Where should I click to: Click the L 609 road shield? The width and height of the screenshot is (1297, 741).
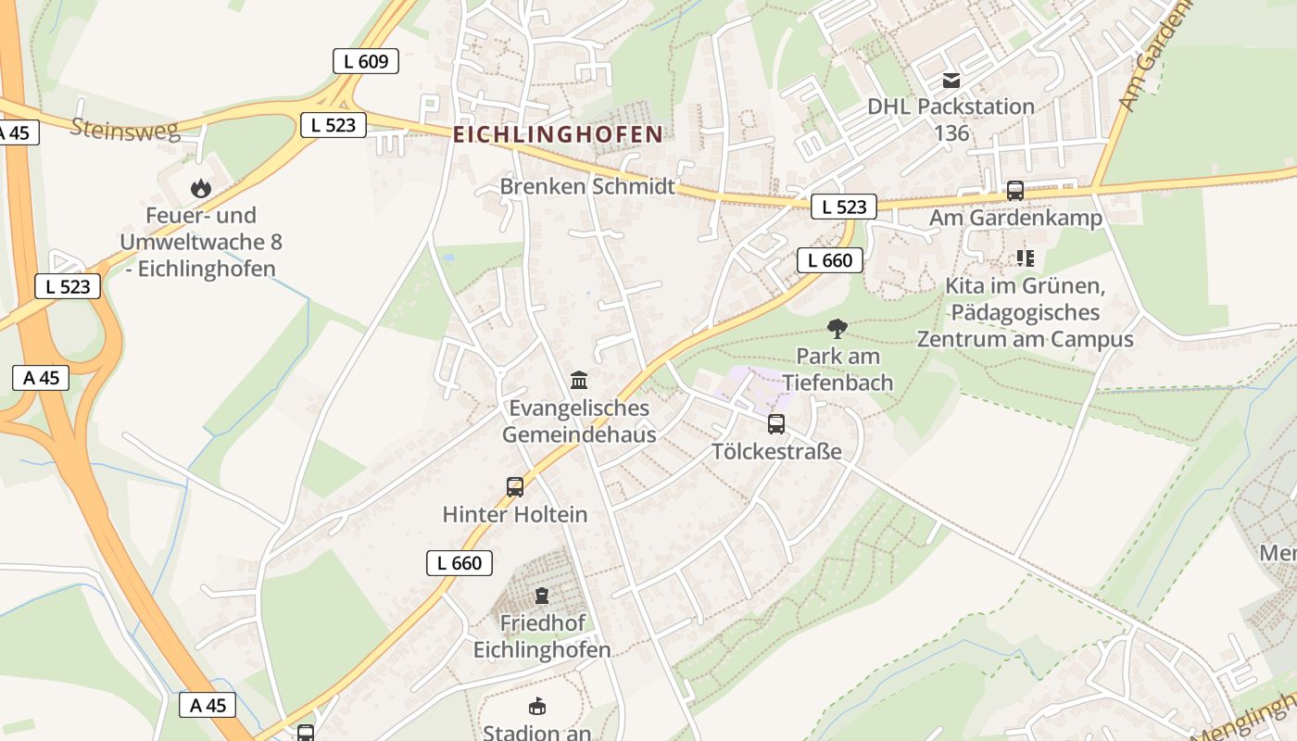coord(366,62)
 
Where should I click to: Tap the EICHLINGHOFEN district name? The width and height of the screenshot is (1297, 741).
coord(558,134)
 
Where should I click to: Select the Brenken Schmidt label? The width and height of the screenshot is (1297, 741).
coord(587,186)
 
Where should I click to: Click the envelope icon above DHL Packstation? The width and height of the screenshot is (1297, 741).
coord(951,81)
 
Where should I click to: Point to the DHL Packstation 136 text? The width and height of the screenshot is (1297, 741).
coord(951,119)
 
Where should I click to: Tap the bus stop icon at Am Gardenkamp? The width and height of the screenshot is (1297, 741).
coord(1015,191)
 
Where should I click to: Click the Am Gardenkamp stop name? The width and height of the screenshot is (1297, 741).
coord(1016,219)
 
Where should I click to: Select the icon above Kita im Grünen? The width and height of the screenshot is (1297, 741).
coord(1025,257)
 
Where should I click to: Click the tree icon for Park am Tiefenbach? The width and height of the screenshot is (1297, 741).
coord(837,328)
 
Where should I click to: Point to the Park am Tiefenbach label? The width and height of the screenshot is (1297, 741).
coord(837,369)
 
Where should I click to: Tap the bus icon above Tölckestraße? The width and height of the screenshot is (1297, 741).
coord(776,424)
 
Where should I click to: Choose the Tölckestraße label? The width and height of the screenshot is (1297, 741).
coord(776,452)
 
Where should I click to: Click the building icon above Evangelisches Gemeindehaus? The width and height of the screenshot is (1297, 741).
coord(580,380)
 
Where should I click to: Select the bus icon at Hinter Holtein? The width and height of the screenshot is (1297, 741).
coord(515,486)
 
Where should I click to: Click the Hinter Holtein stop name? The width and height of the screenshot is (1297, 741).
coord(515,514)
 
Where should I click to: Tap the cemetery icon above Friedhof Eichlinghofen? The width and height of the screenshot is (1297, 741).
coord(542,595)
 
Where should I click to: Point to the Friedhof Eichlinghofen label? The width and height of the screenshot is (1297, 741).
coord(542,635)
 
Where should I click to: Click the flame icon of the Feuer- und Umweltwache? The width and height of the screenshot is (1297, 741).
coord(201,189)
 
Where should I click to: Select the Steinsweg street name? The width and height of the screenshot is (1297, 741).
coord(125,129)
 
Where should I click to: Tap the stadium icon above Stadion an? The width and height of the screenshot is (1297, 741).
coord(537,707)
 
